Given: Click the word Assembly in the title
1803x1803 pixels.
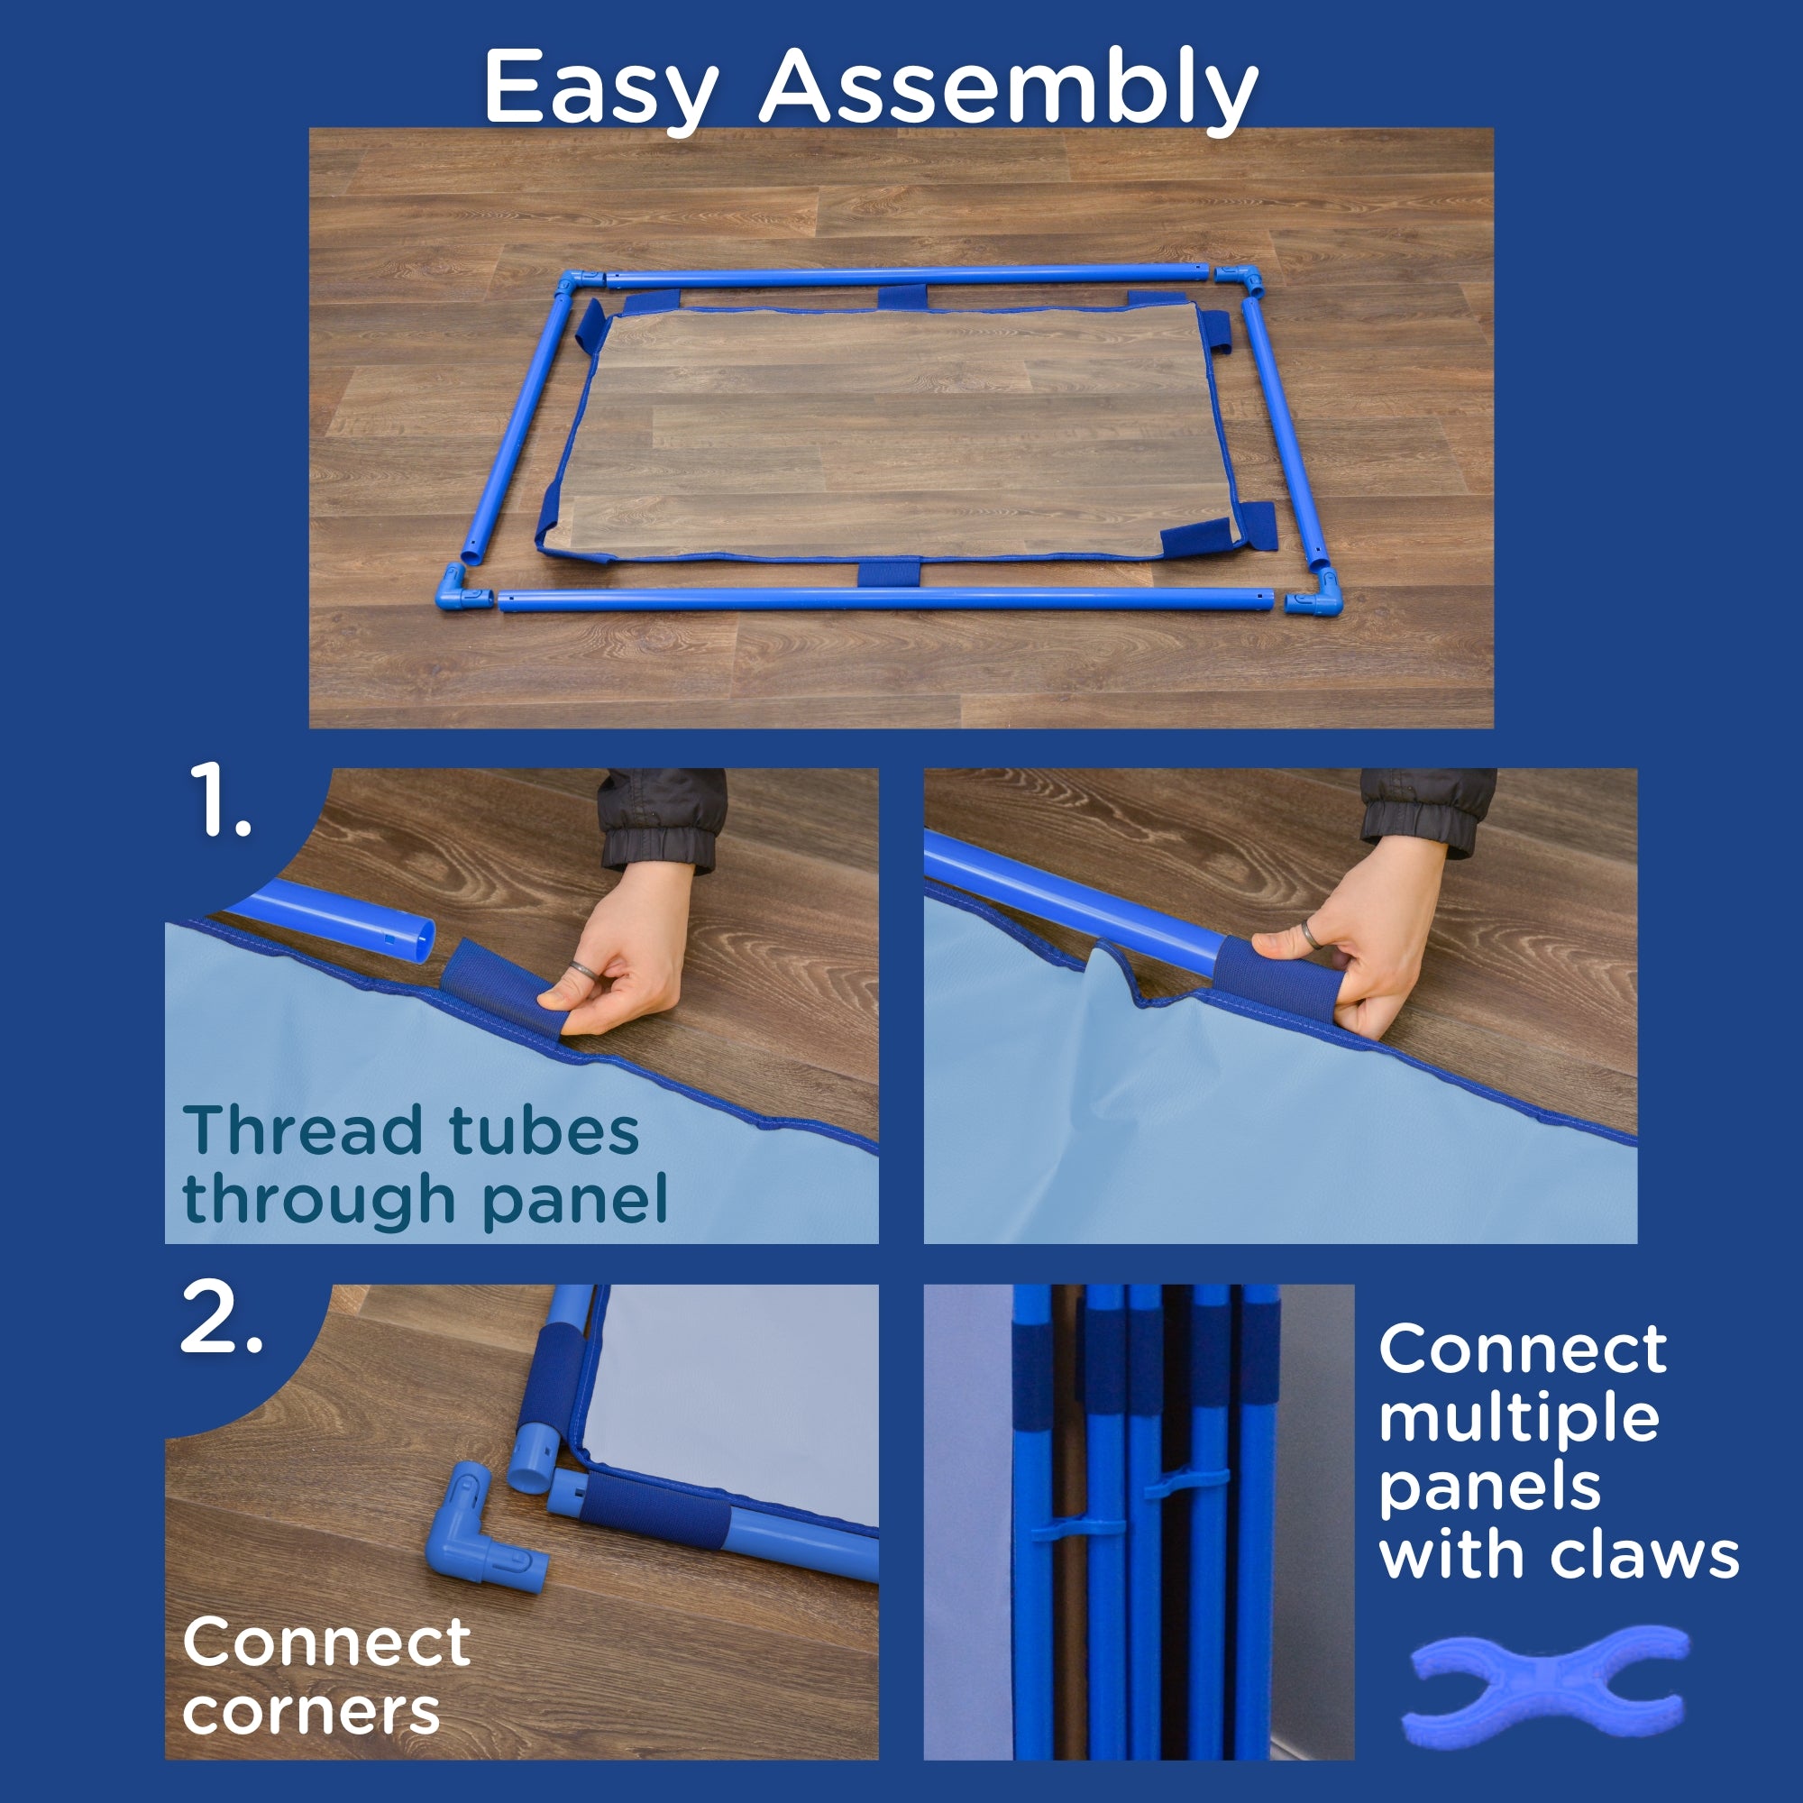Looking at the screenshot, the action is (1009, 87).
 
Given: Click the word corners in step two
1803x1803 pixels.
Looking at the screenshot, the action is (311, 1712).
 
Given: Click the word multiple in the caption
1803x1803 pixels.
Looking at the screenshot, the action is (1519, 1417).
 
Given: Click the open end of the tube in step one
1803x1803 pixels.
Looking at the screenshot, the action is (421, 939).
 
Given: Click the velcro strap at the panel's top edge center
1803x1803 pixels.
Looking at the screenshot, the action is (902, 297).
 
